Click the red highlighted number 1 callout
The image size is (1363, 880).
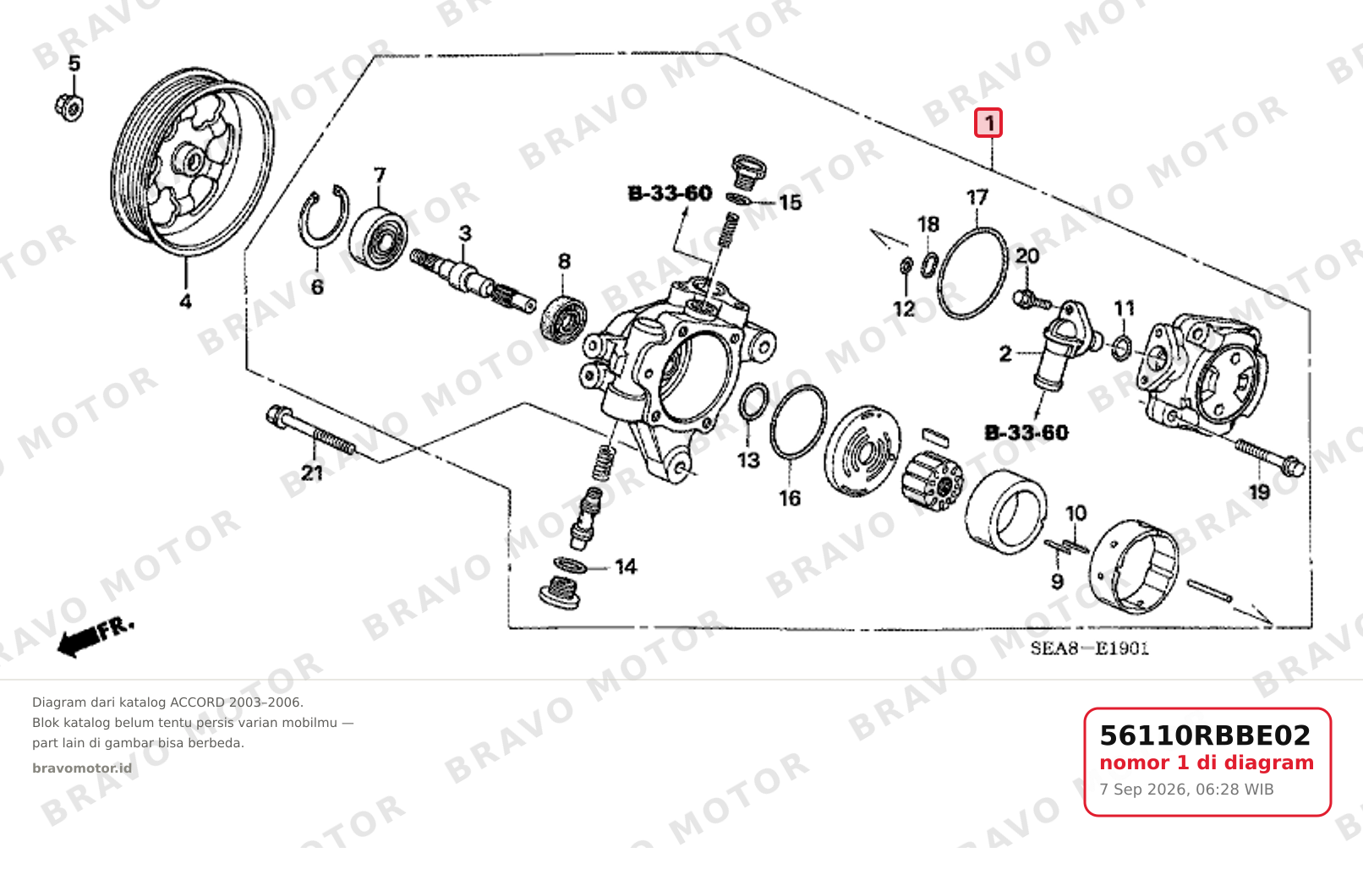(x=988, y=123)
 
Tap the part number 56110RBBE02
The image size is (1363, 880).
(x=1204, y=735)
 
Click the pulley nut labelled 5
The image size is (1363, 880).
(x=69, y=107)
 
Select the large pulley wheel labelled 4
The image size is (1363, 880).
(x=192, y=162)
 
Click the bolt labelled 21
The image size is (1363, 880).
(x=310, y=432)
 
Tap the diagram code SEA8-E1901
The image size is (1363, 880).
(x=1089, y=649)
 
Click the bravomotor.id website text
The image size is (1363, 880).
(x=82, y=768)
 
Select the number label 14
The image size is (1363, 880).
(x=627, y=567)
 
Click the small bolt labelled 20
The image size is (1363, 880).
(x=1032, y=299)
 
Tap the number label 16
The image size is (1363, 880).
(x=790, y=499)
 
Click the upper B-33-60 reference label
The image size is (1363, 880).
(x=670, y=194)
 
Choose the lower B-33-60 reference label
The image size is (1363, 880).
(x=1026, y=433)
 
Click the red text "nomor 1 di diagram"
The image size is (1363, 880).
(x=1206, y=763)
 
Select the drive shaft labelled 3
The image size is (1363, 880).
(x=473, y=281)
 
